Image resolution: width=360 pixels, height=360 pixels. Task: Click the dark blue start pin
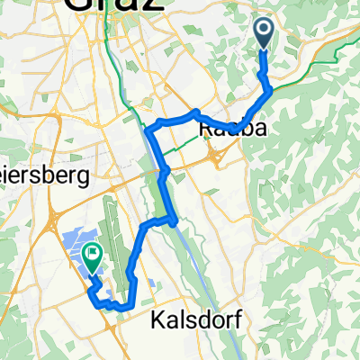click(x=264, y=33)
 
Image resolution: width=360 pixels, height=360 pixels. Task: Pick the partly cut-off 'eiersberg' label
click(x=44, y=175)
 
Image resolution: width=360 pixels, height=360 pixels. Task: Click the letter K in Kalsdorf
click(x=144, y=320)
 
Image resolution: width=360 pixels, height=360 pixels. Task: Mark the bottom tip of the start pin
click(x=264, y=49)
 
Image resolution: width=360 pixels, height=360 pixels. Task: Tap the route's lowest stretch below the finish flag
click(x=112, y=305)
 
